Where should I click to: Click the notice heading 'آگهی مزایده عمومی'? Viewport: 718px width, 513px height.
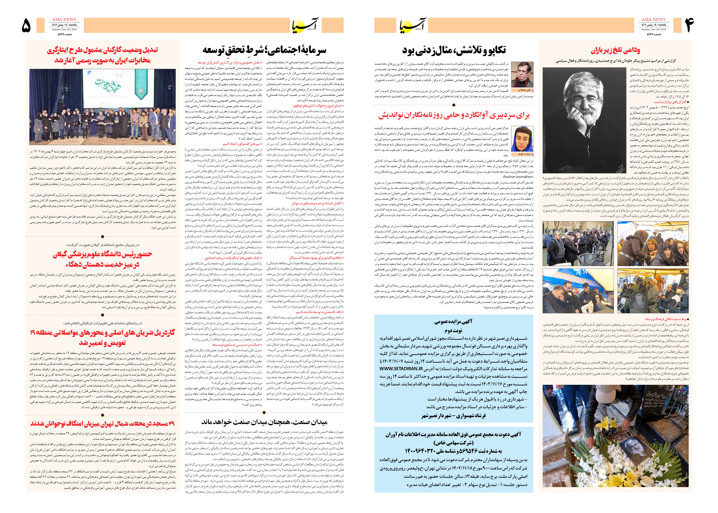coord(453,322)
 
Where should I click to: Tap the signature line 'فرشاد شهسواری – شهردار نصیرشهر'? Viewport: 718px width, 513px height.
coord(453,416)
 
